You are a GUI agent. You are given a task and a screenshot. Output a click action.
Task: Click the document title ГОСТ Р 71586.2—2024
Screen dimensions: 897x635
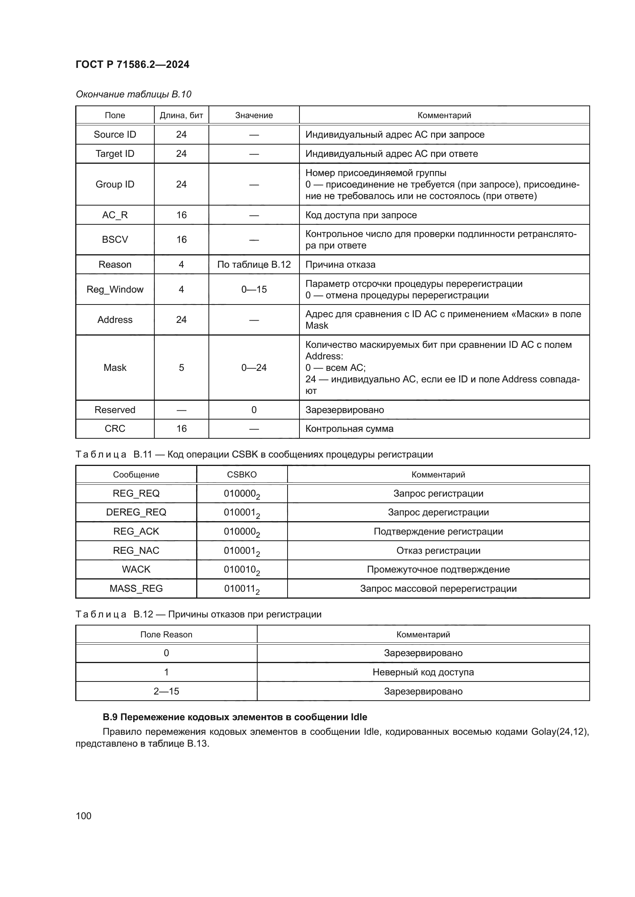132,64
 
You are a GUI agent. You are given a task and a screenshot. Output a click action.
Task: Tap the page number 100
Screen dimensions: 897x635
83,816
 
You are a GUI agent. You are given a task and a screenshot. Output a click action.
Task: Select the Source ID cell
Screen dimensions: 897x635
114,134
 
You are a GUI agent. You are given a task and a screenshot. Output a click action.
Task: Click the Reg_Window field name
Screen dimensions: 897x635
114,289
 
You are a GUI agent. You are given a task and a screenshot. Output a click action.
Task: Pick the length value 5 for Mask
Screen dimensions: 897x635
181,367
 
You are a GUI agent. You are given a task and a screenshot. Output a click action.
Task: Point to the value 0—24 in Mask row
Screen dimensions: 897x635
254,367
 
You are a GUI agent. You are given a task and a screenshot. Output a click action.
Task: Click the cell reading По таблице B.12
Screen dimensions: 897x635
254,265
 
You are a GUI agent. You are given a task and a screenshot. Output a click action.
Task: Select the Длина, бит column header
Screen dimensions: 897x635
181,115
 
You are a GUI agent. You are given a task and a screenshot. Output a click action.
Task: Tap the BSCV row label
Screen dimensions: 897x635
114,239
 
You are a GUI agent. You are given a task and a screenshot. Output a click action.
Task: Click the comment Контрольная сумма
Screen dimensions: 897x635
349,429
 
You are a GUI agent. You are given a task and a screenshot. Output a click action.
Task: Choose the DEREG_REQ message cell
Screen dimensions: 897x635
136,512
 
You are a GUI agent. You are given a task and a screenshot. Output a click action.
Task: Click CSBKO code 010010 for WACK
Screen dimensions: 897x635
241,569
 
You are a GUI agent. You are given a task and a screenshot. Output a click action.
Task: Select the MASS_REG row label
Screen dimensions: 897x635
136,588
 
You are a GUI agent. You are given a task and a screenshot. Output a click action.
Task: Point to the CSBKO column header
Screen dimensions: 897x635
241,474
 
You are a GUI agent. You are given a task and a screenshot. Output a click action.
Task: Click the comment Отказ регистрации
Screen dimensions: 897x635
438,550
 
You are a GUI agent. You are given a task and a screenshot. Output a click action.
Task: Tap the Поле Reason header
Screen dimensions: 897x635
166,634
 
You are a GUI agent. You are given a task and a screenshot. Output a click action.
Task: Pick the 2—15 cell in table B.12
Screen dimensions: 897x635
166,691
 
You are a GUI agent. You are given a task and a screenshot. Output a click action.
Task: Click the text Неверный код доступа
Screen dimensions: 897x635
423,672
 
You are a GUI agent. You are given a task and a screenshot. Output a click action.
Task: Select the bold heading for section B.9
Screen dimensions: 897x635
235,717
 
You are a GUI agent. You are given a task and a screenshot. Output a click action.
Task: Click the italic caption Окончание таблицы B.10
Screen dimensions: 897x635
133,94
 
